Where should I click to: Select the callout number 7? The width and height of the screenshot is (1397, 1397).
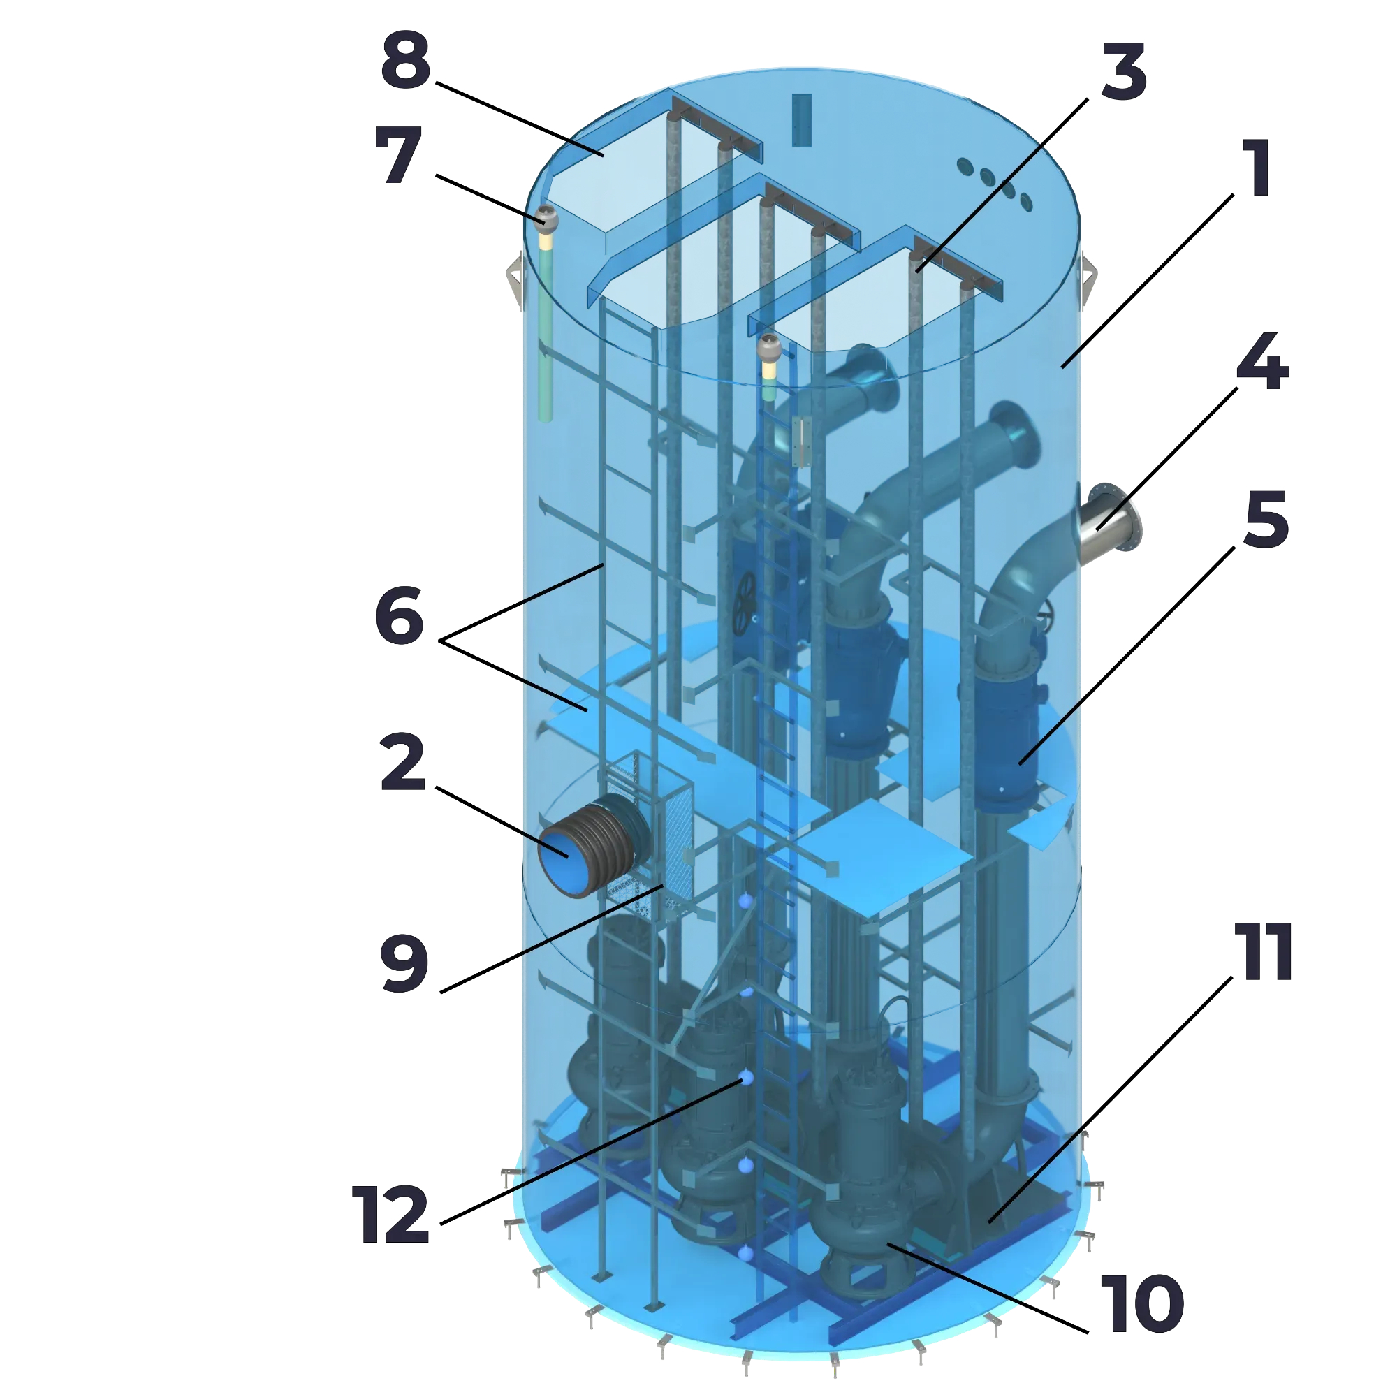(398, 155)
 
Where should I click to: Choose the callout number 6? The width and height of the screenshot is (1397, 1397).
(400, 615)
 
